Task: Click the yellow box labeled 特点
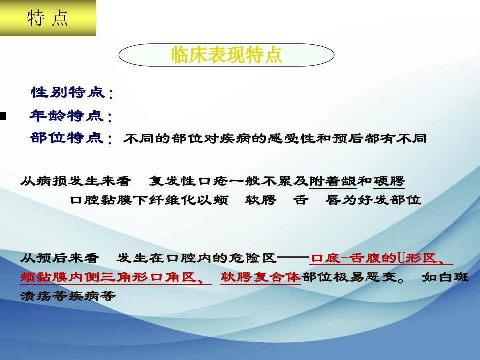click(48, 18)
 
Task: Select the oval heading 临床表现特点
click(226, 55)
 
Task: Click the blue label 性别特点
click(68, 92)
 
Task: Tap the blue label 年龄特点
click(67, 115)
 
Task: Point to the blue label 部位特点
click(67, 138)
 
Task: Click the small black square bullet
click(3, 116)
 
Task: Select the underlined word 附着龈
click(333, 181)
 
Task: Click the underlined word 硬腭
click(389, 181)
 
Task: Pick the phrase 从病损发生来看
click(76, 181)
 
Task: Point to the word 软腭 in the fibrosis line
click(261, 200)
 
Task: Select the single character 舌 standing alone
click(301, 200)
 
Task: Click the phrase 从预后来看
click(60, 258)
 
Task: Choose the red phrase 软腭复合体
click(260, 277)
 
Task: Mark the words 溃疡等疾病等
click(68, 296)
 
